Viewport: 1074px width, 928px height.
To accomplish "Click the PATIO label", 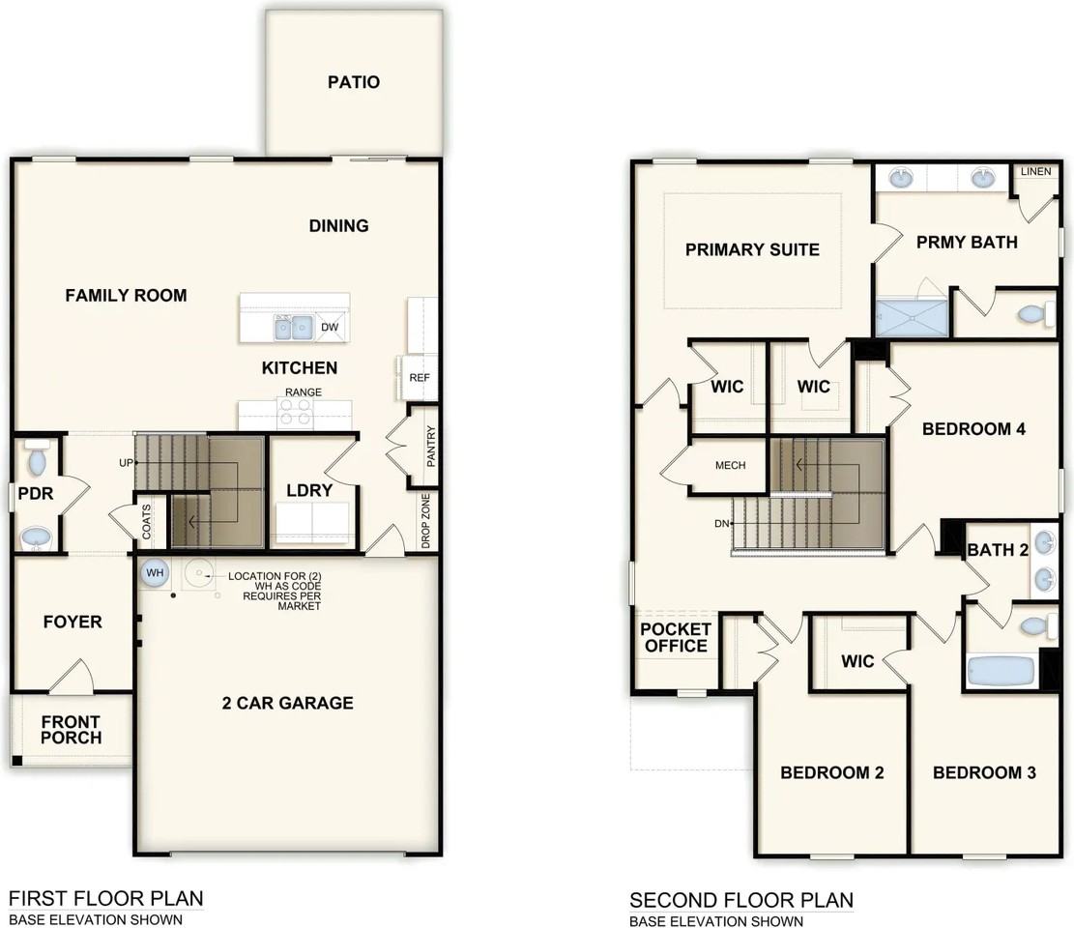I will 353,82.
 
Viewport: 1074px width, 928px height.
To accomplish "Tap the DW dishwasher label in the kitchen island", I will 330,328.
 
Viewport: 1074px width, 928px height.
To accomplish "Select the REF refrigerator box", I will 419,378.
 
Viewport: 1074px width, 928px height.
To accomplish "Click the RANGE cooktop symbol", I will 296,413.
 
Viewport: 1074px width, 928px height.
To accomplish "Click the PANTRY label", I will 431,447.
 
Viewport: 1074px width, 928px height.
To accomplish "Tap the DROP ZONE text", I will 426,523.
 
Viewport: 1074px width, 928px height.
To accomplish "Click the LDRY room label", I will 309,490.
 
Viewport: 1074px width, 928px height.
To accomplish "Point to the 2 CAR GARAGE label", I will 287,703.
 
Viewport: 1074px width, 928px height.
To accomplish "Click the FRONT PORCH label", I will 71,730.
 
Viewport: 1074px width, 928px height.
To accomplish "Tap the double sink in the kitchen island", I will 292,329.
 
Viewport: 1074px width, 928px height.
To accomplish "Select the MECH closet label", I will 730,465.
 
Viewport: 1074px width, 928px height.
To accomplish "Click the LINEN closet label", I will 1035,172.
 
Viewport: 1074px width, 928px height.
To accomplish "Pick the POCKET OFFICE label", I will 676,637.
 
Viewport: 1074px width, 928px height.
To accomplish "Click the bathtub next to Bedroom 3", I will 1002,670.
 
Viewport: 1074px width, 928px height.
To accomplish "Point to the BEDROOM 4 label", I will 973,429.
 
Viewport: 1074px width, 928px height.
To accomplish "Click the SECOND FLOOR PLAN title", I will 741,900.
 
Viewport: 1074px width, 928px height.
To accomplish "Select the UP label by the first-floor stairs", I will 125,463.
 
